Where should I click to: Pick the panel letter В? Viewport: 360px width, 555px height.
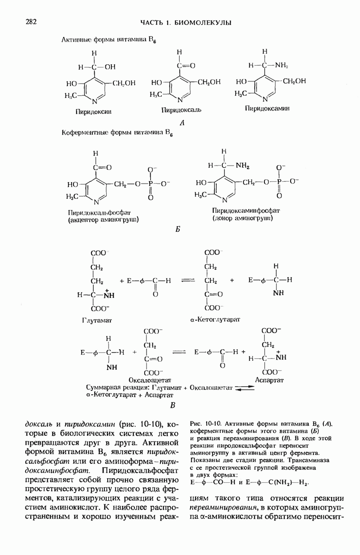pos(173,406)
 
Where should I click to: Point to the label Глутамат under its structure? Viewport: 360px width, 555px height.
pos(98,319)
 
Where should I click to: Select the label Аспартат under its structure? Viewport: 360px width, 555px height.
pos(269,380)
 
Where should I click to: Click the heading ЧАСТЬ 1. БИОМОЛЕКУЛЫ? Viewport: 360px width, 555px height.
pos(185,23)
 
